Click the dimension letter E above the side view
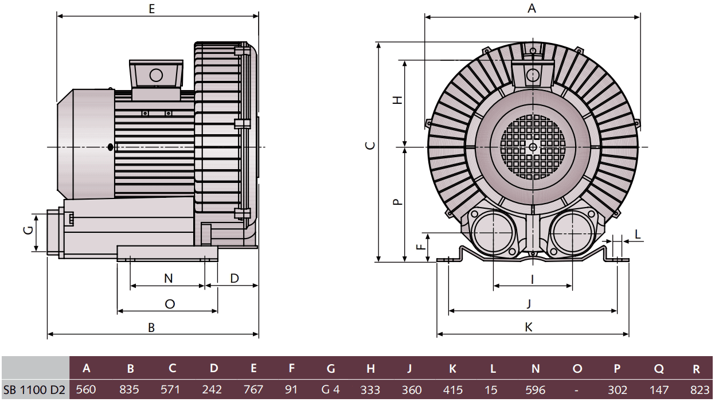[x=151, y=9]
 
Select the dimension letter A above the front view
[x=532, y=9]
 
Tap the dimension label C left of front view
[x=371, y=145]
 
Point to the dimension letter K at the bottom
[x=529, y=327]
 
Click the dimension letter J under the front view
[x=529, y=303]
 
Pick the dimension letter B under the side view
[x=151, y=327]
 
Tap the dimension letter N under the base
[x=168, y=278]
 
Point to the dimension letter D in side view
[x=235, y=278]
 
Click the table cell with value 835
[x=130, y=390]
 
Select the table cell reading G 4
[x=330, y=390]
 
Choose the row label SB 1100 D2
[x=34, y=390]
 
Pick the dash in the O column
[x=576, y=390]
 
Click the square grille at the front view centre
[x=533, y=147]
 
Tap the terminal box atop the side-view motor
[x=155, y=75]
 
